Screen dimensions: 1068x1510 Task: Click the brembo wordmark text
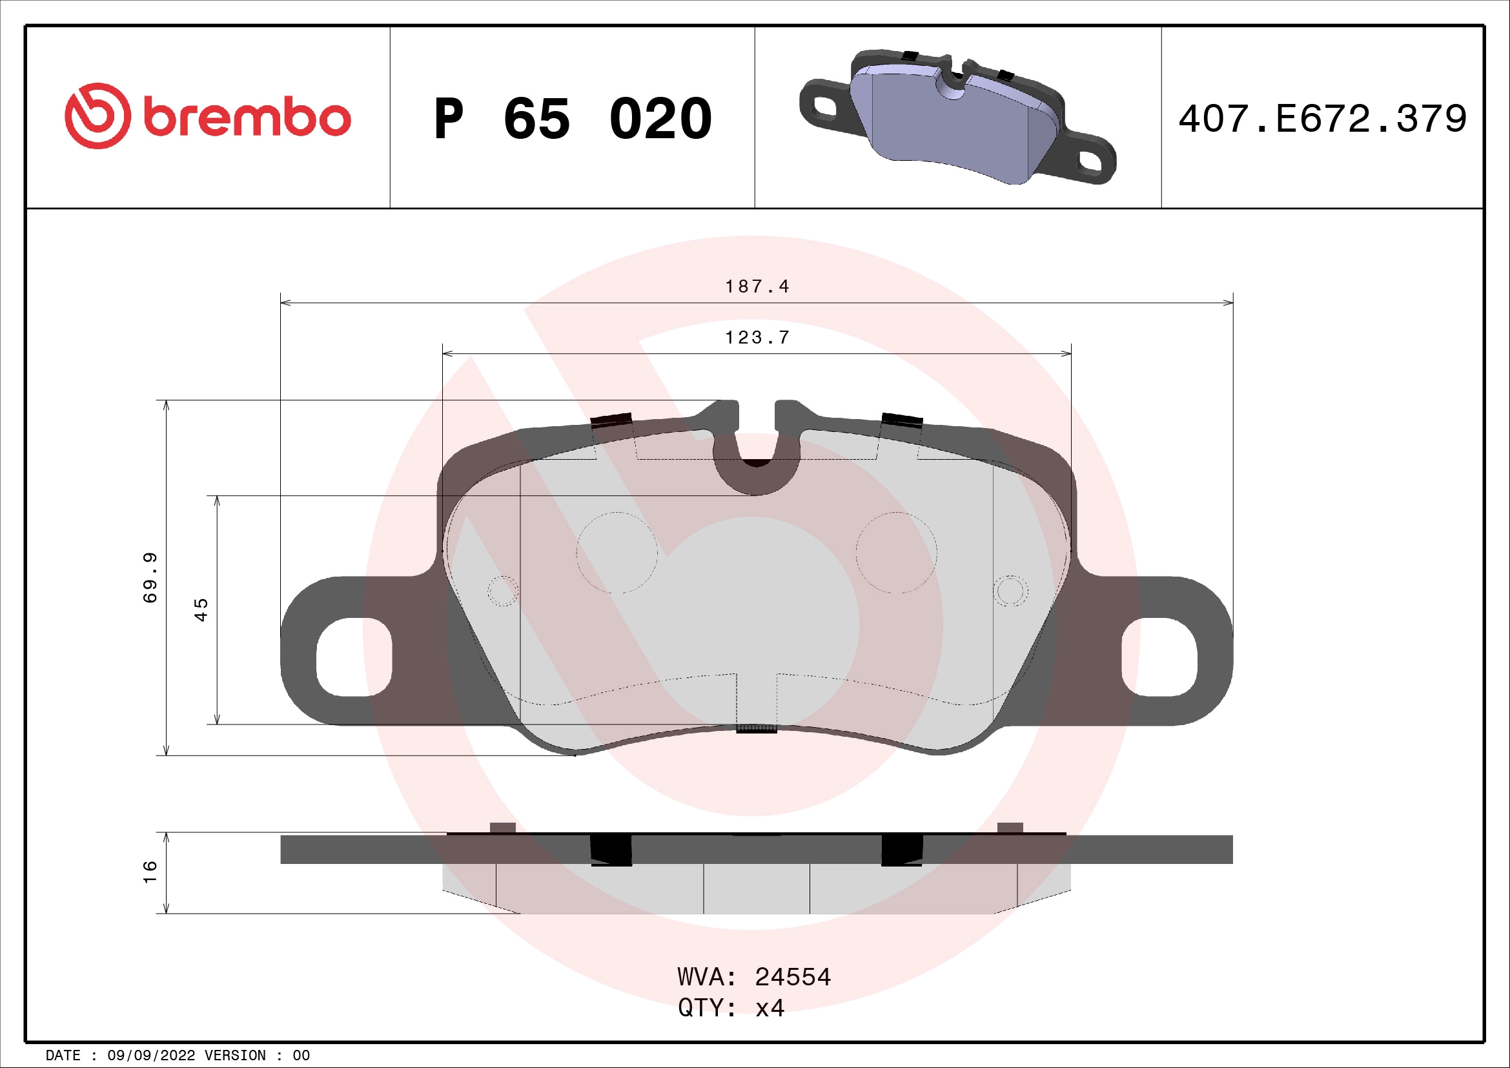coord(247,118)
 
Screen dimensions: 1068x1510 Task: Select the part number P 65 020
coord(572,119)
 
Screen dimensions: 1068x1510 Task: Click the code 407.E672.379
coord(1322,119)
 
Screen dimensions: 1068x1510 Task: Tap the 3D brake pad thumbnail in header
coord(957,117)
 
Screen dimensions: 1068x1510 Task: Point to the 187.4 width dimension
coord(757,287)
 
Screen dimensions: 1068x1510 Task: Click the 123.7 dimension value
coord(757,337)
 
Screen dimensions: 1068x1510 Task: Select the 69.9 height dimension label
coord(150,577)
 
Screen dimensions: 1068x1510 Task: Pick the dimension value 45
coord(201,610)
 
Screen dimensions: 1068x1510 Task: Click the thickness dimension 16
coord(150,871)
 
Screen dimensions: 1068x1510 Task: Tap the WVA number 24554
coord(793,977)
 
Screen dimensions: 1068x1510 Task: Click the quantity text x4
coord(770,1008)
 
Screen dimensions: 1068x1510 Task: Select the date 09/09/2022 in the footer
coord(151,1056)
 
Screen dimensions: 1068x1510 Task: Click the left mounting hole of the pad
coord(354,656)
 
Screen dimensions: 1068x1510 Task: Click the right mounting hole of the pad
coord(1159,656)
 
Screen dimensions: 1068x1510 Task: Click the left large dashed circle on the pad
coord(617,553)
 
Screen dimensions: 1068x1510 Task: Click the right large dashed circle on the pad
coord(897,553)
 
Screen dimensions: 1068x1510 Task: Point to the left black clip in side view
coord(611,849)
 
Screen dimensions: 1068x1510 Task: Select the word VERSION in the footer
coord(235,1056)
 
